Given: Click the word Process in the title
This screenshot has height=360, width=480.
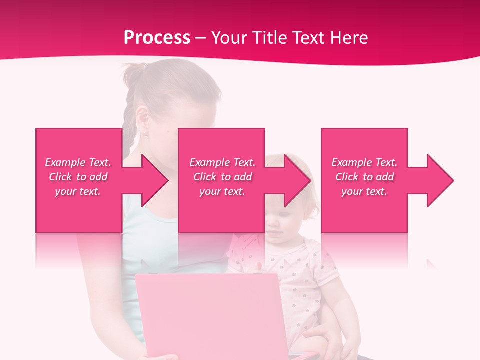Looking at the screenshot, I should [157, 38].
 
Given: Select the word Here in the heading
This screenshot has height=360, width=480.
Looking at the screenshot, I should [349, 38].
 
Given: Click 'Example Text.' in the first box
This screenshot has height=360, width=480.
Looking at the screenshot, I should [78, 162].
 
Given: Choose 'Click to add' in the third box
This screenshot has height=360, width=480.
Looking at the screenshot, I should [364, 177].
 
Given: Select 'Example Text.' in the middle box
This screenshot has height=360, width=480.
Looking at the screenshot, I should [222, 162].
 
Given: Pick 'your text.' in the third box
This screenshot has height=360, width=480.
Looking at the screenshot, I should [364, 191].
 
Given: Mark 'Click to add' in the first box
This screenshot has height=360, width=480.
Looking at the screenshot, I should [78, 177].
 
